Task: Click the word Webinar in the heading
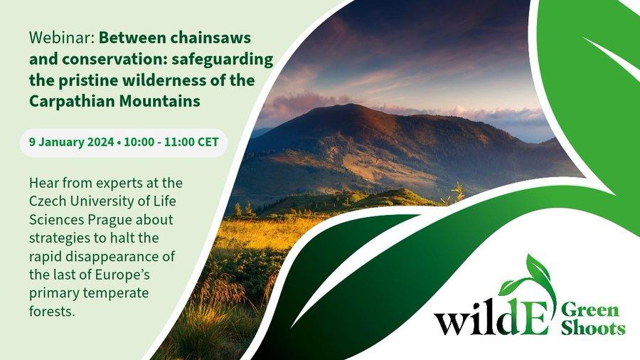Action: pos(62,38)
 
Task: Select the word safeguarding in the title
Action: pos(222,60)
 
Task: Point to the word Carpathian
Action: pos(72,101)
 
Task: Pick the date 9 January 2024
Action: pos(71,142)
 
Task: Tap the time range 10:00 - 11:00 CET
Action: pos(171,142)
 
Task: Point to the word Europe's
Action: pos(122,275)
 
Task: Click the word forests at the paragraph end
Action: pos(52,312)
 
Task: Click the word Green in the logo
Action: pos(590,311)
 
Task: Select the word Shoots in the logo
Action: pos(592,328)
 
